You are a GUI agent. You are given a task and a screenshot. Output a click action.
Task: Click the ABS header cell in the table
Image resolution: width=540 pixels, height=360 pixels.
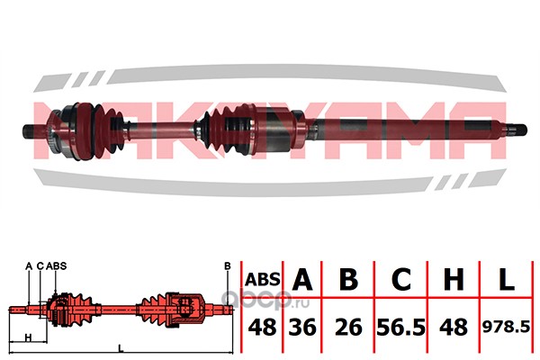[x=263, y=279]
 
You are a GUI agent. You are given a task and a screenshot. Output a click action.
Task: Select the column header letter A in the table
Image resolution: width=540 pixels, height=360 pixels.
[x=302, y=279]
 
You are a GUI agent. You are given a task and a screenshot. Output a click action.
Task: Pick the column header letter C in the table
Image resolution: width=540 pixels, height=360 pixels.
[x=401, y=279]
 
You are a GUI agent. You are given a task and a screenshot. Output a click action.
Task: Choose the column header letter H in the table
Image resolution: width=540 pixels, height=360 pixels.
[x=454, y=279]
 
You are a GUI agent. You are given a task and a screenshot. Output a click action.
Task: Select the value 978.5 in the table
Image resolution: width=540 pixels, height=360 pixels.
[x=506, y=328]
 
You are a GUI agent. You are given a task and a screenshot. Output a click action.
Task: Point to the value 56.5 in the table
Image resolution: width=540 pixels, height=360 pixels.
[x=401, y=328]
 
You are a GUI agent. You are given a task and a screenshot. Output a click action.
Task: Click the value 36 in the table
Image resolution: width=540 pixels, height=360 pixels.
[x=302, y=328]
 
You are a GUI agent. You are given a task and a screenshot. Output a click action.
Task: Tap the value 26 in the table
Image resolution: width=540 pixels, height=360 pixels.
[x=348, y=328]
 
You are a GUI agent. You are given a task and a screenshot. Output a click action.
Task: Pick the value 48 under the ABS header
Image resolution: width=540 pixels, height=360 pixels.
[x=263, y=328]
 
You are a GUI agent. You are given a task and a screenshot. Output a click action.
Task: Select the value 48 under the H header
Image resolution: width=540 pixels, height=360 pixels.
[x=454, y=328]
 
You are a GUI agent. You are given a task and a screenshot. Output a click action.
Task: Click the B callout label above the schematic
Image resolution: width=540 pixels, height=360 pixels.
[x=228, y=266]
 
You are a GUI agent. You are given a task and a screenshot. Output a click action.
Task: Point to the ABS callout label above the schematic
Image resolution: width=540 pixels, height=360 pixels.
[x=56, y=266]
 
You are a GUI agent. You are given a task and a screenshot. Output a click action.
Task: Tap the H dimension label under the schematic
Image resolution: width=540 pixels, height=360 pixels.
[x=29, y=337]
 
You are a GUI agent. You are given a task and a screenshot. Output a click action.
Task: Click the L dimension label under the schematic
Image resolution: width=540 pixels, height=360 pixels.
[x=121, y=348]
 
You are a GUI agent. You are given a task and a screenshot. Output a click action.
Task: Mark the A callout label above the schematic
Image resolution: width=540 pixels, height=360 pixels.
[x=29, y=266]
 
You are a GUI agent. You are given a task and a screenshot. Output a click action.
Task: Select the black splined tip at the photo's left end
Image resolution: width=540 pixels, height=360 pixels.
[x=28, y=131]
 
